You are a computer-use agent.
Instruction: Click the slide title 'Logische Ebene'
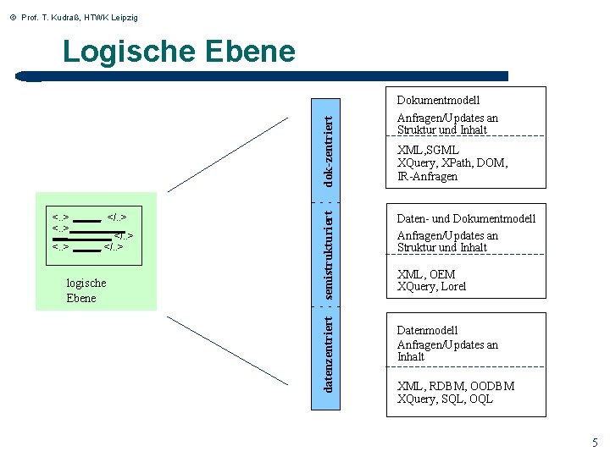tap(179, 52)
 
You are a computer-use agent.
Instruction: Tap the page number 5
tap(595, 443)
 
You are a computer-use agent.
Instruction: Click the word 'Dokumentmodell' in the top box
tap(438, 101)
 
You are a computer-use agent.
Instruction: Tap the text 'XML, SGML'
tap(428, 151)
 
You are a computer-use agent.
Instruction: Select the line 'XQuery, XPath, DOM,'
tap(452, 163)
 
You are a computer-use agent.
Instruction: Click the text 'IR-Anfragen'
tap(427, 176)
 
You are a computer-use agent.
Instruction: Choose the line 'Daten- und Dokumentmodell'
tap(466, 218)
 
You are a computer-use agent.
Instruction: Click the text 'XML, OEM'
tap(426, 274)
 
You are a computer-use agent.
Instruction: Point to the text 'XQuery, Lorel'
tap(431, 286)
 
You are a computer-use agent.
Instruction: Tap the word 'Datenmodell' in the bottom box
tap(428, 330)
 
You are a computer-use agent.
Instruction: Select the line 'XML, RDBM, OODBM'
tap(455, 387)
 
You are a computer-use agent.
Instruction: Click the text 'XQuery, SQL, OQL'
tap(445, 399)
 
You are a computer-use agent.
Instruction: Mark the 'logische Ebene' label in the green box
tap(86, 290)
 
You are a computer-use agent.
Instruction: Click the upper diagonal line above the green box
tap(228, 155)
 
